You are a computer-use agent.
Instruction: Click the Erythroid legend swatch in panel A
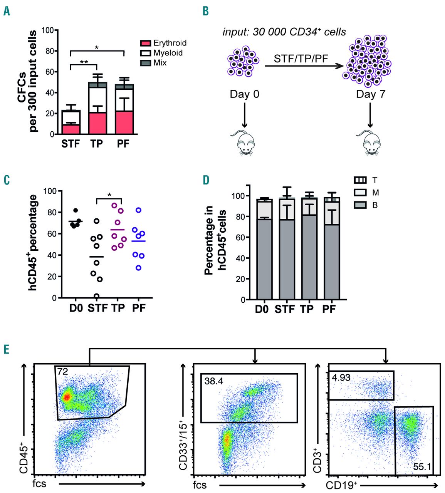point(145,43)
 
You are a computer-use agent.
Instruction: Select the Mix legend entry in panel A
point(145,63)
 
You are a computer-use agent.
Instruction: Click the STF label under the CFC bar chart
point(71,144)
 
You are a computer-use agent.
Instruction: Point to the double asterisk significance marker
point(84,62)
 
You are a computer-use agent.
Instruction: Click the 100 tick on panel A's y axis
point(47,30)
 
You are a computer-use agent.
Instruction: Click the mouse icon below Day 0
point(243,143)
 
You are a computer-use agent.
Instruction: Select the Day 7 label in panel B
point(370,94)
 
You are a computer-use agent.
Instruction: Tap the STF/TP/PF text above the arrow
point(301,59)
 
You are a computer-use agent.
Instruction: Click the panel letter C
point(6,180)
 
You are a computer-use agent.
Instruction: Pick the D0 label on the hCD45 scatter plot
point(76,309)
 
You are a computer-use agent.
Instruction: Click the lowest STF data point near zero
point(96,297)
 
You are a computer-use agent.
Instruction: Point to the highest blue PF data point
point(139,210)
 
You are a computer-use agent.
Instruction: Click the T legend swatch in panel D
point(360,180)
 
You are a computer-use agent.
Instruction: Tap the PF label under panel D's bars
point(329,309)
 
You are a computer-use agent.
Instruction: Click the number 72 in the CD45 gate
point(62,372)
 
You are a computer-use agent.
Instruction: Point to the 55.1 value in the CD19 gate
point(422,467)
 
